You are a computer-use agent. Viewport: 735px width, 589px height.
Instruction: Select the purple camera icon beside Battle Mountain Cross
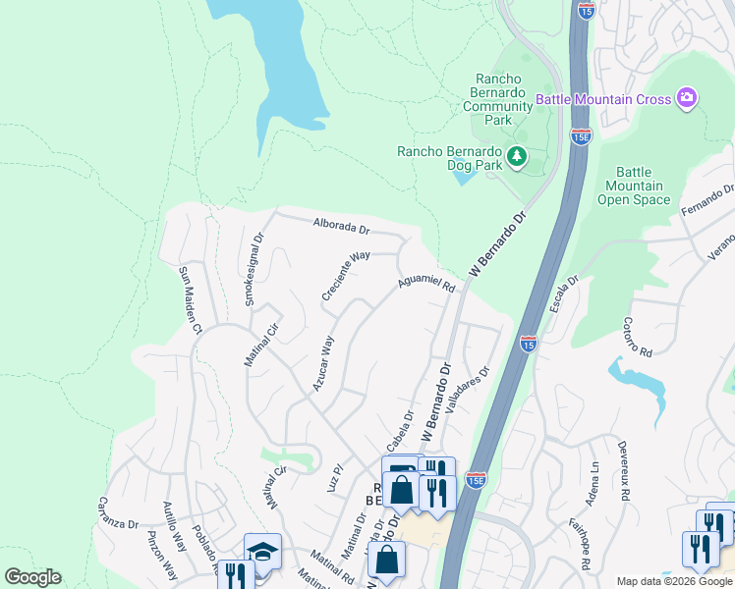point(687,98)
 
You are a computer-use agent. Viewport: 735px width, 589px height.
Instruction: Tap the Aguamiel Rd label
point(426,285)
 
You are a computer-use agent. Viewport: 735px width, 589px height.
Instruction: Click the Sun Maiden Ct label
point(189,298)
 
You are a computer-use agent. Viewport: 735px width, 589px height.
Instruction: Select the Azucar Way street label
point(323,363)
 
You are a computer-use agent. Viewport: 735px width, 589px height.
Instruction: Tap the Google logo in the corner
point(32,577)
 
